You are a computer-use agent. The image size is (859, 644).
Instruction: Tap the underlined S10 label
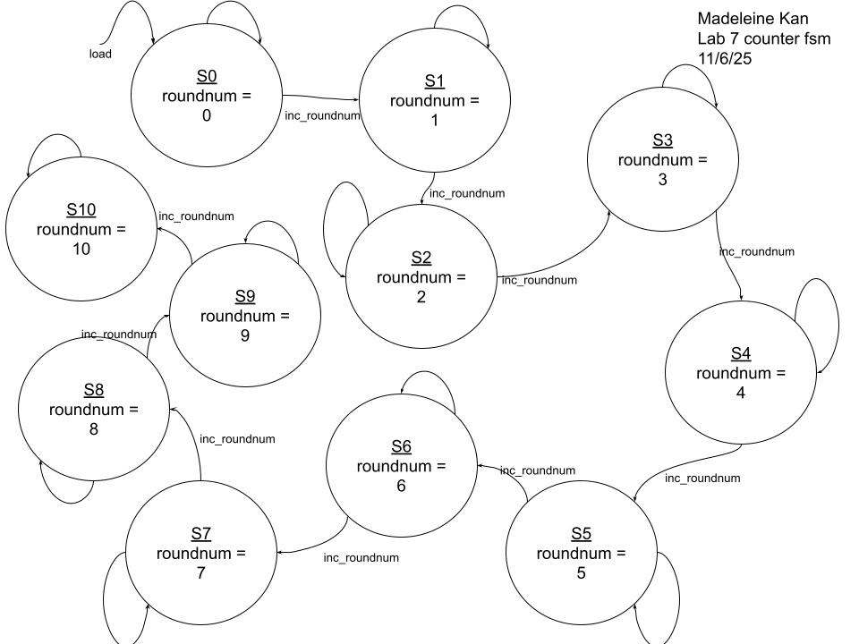coord(81,209)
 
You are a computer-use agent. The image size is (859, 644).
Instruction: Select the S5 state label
coord(581,534)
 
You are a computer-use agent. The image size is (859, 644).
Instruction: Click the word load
coord(100,54)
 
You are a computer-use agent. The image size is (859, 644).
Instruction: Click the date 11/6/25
coord(727,58)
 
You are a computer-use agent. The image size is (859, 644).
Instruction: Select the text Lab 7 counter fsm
coord(764,38)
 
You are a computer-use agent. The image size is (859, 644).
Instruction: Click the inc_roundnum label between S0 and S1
coord(322,115)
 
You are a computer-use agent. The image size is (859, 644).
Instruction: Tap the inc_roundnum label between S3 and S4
coord(757,251)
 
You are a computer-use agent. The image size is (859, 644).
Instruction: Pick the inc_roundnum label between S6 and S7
coord(361,558)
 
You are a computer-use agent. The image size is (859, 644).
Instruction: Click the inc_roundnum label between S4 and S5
coord(702,479)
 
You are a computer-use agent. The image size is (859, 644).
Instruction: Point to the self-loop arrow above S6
coord(429,380)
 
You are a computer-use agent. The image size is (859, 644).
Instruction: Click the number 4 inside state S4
coord(741,393)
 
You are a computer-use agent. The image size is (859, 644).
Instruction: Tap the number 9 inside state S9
coord(244,336)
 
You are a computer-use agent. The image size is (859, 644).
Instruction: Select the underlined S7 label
coord(200,534)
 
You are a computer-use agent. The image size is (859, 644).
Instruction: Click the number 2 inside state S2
coord(421,297)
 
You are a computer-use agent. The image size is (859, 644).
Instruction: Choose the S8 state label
coord(94,390)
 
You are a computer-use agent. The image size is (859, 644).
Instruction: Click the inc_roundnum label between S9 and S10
coord(196,216)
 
